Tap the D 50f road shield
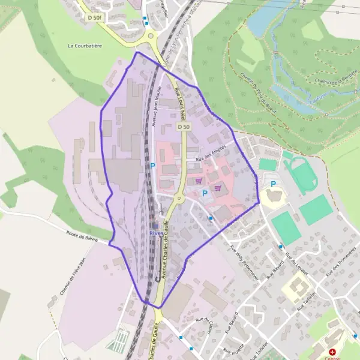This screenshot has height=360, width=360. point(95,18)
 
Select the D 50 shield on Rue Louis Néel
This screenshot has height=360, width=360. point(184,127)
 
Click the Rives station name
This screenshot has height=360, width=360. point(157,234)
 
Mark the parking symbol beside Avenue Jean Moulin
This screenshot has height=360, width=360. point(152,166)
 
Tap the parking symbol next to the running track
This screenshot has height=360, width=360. point(274,184)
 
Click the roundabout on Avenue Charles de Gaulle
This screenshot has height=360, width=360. point(179,198)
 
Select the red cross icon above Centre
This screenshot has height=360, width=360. point(332,352)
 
